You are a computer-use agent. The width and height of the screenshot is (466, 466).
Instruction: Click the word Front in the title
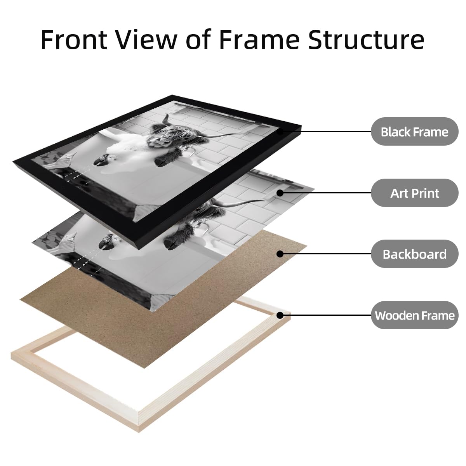coord(74,40)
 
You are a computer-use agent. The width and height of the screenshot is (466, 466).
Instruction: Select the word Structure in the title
coord(366,40)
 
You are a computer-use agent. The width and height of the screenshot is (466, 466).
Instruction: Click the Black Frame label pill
coord(414,132)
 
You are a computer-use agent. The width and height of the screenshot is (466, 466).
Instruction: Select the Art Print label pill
coord(414,193)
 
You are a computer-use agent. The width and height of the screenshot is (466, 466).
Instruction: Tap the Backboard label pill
coord(414,254)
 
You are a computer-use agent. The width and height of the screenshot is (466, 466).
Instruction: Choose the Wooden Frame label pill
coord(414,315)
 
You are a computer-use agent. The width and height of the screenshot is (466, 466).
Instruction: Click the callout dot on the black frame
coord(280,132)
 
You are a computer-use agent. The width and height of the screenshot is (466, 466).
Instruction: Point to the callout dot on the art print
coord(280,193)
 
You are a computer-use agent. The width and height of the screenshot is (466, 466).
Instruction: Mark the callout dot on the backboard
coord(280,254)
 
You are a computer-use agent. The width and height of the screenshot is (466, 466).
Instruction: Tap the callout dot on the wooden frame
coord(280,315)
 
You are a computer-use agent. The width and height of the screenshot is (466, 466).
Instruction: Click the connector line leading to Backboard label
coord(327,254)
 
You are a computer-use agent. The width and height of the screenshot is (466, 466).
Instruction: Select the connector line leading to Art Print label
coord(327,193)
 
